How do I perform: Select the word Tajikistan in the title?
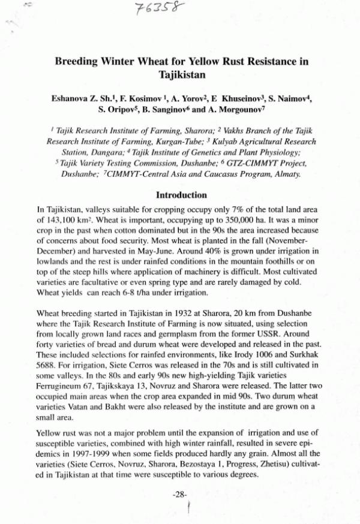[x=182, y=76]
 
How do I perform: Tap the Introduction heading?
[x=181, y=195]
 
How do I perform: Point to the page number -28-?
[x=181, y=495]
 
